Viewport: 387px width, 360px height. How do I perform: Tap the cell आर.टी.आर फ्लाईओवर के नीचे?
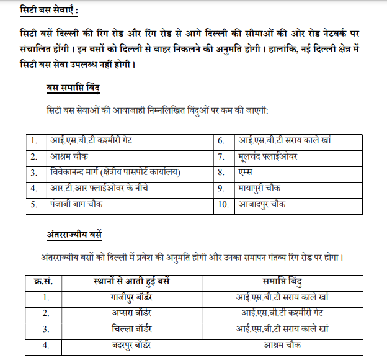coord(99,187)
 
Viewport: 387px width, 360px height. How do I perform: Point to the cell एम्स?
coord(247,172)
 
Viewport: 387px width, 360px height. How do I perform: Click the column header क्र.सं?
coord(43,282)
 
